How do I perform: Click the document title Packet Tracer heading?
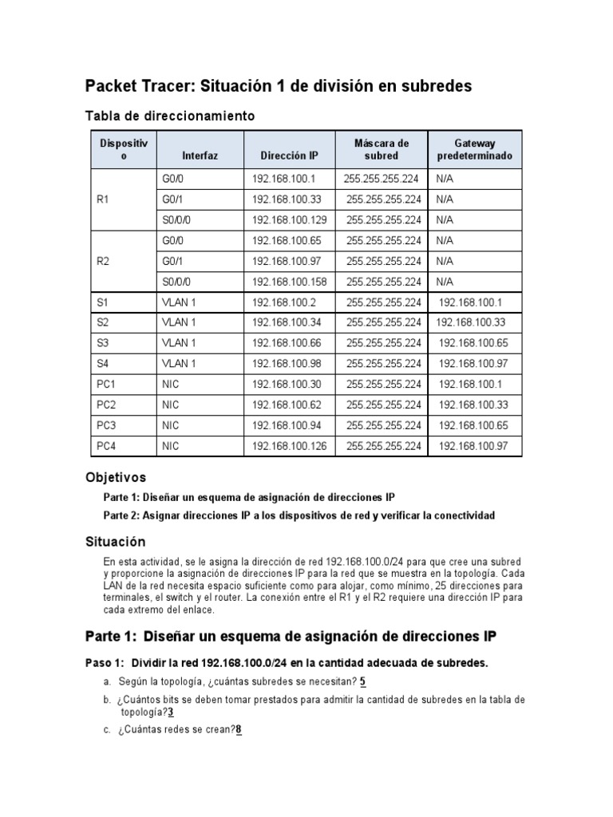click(x=279, y=85)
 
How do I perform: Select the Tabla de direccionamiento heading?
click(x=170, y=116)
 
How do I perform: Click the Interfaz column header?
click(x=199, y=156)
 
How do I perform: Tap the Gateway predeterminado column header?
click(x=475, y=149)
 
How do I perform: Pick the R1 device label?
click(x=102, y=199)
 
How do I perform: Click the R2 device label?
click(x=102, y=260)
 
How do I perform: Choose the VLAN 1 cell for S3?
click(x=179, y=343)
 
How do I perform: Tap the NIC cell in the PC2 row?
click(x=171, y=405)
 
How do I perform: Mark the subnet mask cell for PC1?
click(x=384, y=385)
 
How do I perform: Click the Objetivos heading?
click(x=116, y=477)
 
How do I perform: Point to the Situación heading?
click(x=116, y=542)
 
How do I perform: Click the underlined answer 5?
click(x=362, y=681)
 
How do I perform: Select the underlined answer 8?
click(x=239, y=728)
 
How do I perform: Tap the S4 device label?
click(x=102, y=364)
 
